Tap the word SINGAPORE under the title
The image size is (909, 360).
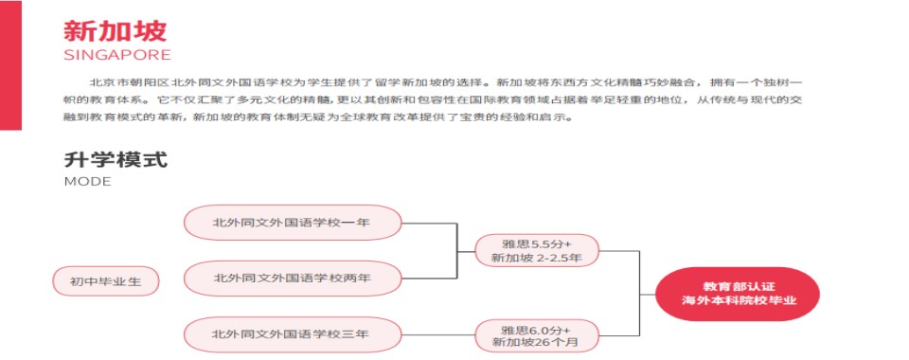pyautogui.click(x=117, y=54)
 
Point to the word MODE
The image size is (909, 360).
pyautogui.click(x=88, y=182)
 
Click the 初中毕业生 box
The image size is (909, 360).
pyautogui.click(x=103, y=280)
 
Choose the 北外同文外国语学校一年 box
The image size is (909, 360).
pyautogui.click(x=292, y=222)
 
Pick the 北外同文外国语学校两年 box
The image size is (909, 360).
pyautogui.click(x=292, y=279)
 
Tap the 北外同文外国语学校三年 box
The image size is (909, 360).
pyautogui.click(x=292, y=333)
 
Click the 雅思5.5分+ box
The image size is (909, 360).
pyautogui.click(x=537, y=243)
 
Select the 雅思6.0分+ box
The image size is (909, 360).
pyautogui.click(x=537, y=328)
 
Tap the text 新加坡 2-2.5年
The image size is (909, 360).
pyautogui.click(x=537, y=258)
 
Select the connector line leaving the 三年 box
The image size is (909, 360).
pyautogui.click(x=437, y=333)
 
